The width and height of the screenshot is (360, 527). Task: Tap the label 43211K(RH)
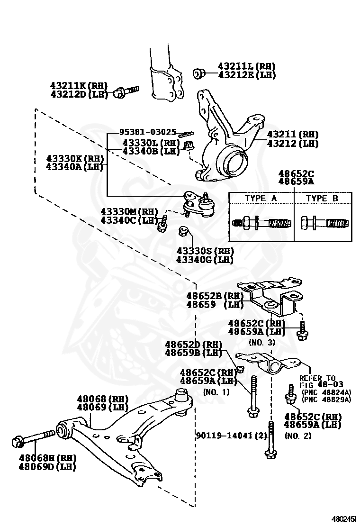[x=79, y=86]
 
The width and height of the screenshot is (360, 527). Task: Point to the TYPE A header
[x=261, y=199]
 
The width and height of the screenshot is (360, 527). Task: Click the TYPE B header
[x=322, y=199]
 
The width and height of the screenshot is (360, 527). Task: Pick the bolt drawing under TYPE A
[x=261, y=223]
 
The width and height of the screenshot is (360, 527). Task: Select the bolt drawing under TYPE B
[x=322, y=223]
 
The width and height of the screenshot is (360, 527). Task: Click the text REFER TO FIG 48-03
[x=321, y=382]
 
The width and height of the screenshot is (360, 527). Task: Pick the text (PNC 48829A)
[x=326, y=400]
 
